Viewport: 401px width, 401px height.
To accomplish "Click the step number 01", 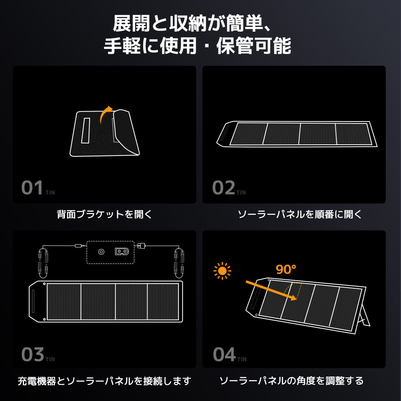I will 32,188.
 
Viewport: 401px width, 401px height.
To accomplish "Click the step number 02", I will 223,188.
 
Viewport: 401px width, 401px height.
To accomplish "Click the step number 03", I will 32,354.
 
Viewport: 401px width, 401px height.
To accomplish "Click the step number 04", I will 224,354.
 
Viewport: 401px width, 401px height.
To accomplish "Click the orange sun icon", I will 222,271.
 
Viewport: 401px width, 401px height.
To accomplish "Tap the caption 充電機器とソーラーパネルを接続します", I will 104,381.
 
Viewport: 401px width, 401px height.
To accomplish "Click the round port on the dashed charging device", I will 101,252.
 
